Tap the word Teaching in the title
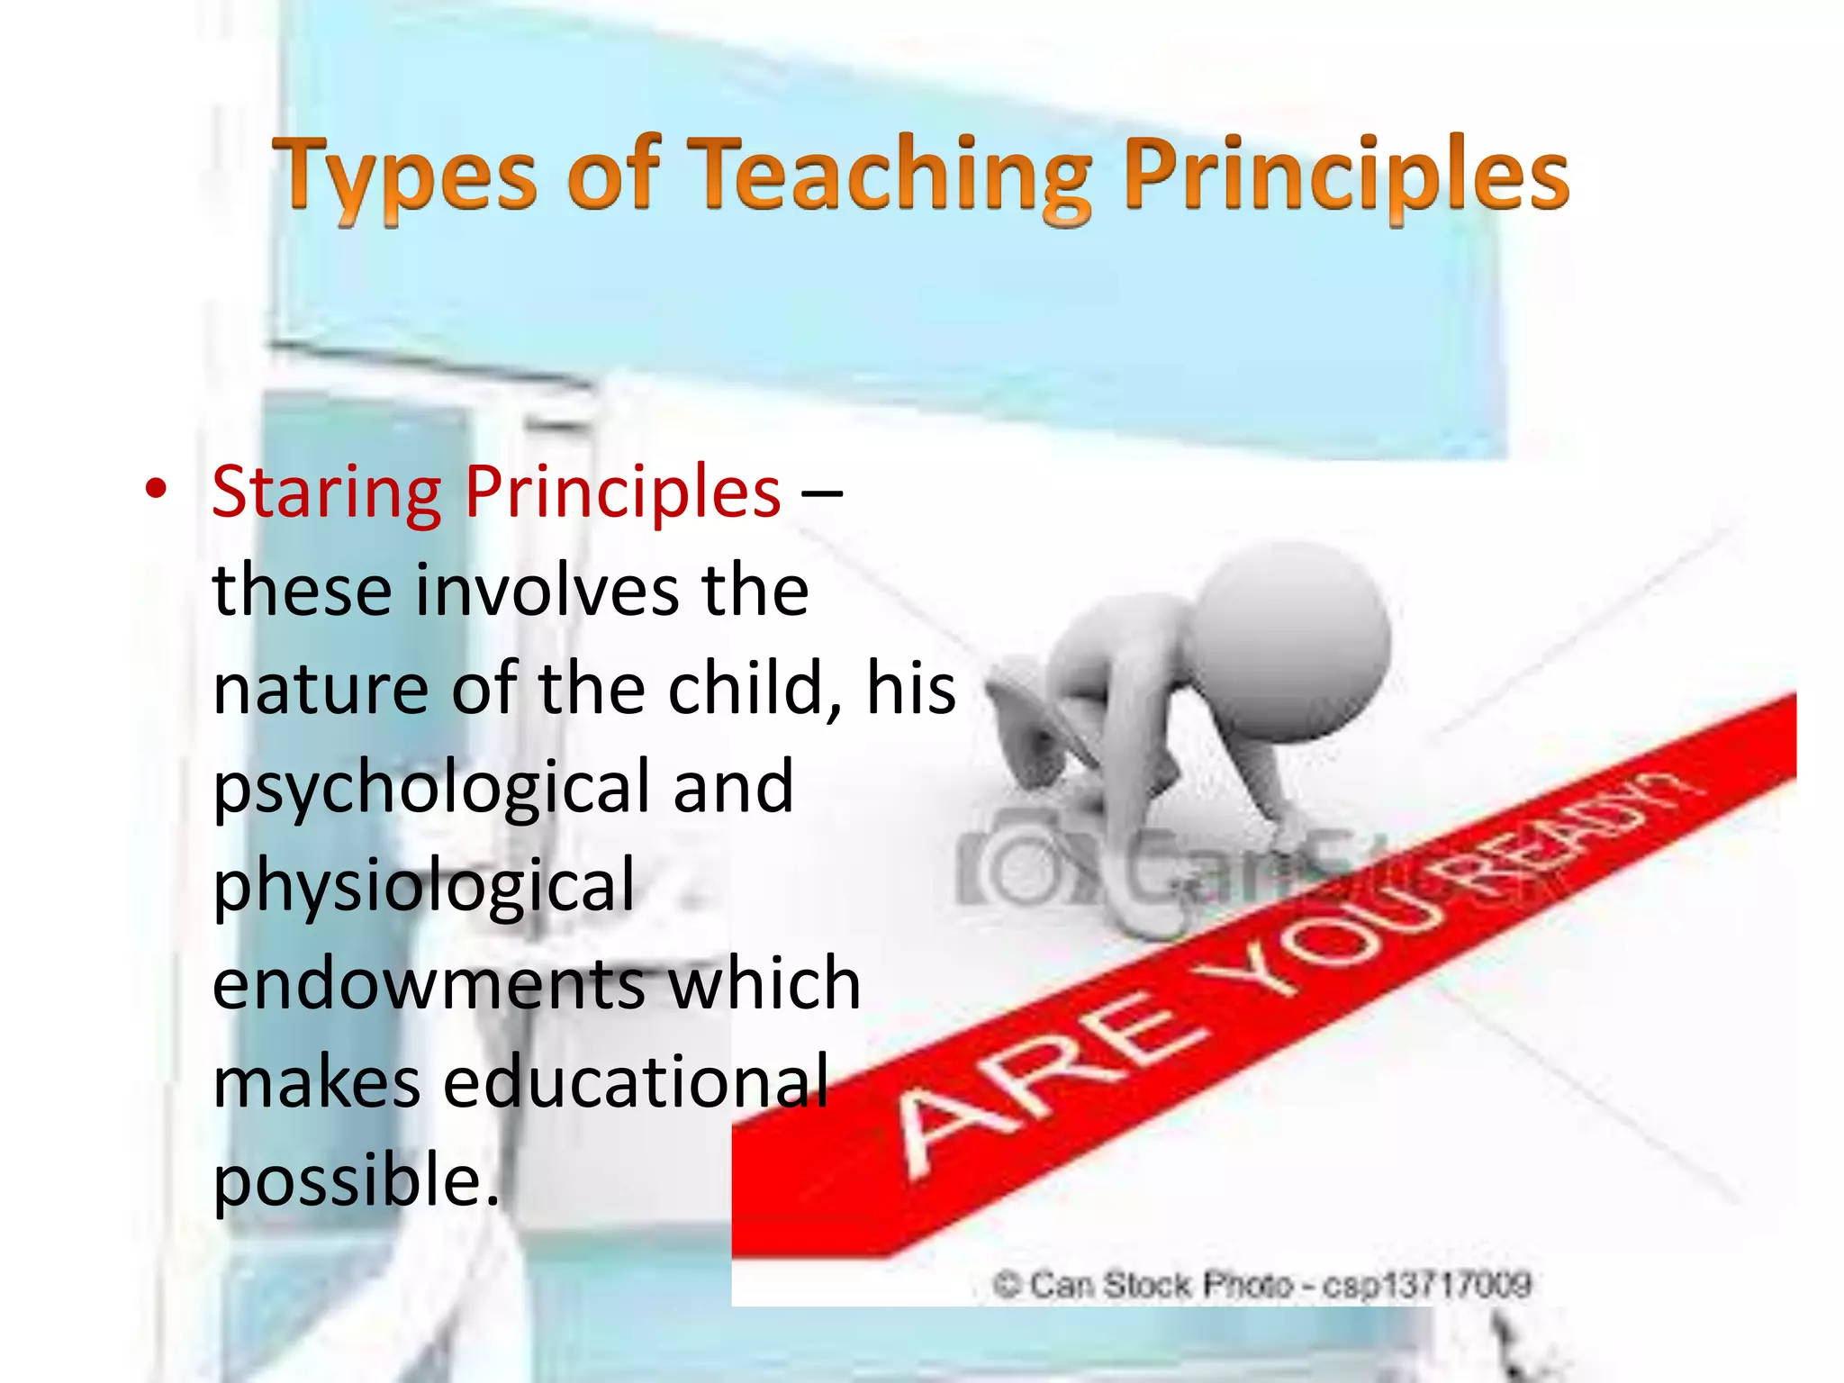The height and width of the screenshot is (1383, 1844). (x=891, y=175)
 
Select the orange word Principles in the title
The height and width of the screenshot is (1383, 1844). (x=1346, y=175)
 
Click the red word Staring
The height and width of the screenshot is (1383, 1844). (x=326, y=493)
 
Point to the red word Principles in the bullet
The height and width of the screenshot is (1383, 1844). (x=622, y=493)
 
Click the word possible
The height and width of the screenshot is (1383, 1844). (x=355, y=1180)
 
